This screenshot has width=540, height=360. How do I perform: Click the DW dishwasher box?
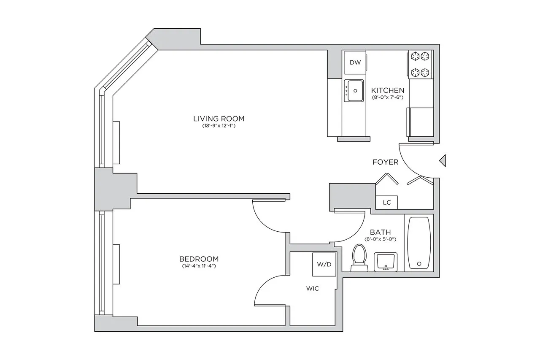pyautogui.click(x=355, y=62)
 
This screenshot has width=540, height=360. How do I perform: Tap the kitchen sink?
pyautogui.click(x=354, y=90)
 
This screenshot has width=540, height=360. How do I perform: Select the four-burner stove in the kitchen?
pyautogui.click(x=420, y=65)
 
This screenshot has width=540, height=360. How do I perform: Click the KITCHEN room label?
pyautogui.click(x=388, y=90)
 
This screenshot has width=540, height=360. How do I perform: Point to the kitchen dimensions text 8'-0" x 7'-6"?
pyautogui.click(x=388, y=97)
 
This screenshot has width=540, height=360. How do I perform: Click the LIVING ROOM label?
pyautogui.click(x=219, y=119)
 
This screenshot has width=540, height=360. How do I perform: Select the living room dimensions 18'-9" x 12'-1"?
pyautogui.click(x=219, y=126)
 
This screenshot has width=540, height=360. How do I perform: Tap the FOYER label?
pyautogui.click(x=385, y=162)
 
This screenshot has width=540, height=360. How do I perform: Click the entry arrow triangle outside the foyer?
pyautogui.click(x=443, y=161)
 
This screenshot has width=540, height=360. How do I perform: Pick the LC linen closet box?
pyautogui.click(x=387, y=203)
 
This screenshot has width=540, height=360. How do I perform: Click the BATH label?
pyautogui.click(x=380, y=232)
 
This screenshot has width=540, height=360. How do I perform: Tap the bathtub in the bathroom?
pyautogui.click(x=418, y=242)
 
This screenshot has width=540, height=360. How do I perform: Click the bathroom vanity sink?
pyautogui.click(x=385, y=262)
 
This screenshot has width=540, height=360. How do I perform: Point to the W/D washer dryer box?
pyautogui.click(x=324, y=265)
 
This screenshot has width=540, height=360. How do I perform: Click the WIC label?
pyautogui.click(x=313, y=289)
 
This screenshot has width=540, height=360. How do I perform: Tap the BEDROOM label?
pyautogui.click(x=199, y=259)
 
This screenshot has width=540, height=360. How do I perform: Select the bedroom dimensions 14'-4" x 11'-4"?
pyautogui.click(x=199, y=266)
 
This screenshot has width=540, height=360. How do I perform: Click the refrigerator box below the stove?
pyautogui.click(x=421, y=122)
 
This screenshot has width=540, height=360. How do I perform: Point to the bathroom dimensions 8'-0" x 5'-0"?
pyautogui.click(x=380, y=239)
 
